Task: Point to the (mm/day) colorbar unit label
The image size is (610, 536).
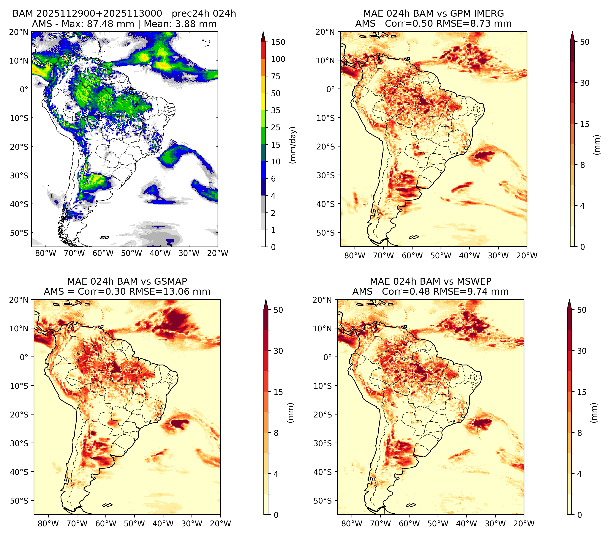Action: pos(293,145)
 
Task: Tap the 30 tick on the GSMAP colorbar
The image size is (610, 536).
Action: pos(278,351)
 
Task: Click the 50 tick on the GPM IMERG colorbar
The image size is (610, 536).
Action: pos(585,42)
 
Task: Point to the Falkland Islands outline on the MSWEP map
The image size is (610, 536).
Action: pos(411,505)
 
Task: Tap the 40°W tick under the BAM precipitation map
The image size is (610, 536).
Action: pos(160,253)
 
